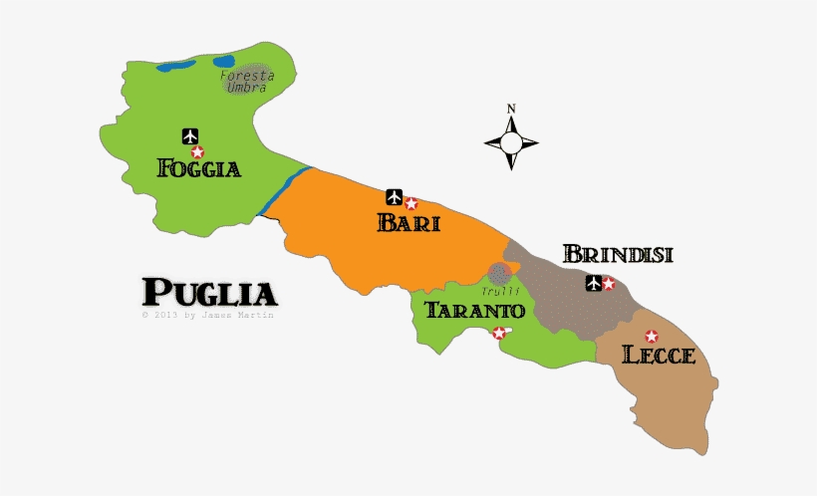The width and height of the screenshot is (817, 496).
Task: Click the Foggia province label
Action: pyautogui.click(x=199, y=168)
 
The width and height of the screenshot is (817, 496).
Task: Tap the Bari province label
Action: pyautogui.click(x=408, y=222)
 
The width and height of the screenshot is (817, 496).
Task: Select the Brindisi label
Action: pyautogui.click(x=618, y=254)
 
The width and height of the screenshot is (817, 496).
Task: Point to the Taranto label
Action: pyautogui.click(x=474, y=310)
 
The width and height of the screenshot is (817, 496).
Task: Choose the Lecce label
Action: pyautogui.click(x=658, y=355)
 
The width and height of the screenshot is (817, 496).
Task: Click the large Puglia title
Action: pyautogui.click(x=209, y=293)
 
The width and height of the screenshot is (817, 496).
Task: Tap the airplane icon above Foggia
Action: pyautogui.click(x=190, y=135)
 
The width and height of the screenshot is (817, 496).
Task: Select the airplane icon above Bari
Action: pyautogui.click(x=395, y=194)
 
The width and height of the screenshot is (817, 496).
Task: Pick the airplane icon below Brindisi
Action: pyautogui.click(x=594, y=283)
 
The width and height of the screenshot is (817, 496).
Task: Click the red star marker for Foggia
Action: pyautogui.click(x=197, y=152)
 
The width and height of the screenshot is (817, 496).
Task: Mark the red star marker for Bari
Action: pyautogui.click(x=410, y=204)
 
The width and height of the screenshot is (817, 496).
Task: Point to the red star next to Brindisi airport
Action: pyautogui.click(x=609, y=285)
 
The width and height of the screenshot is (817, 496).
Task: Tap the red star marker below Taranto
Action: pyautogui.click(x=499, y=333)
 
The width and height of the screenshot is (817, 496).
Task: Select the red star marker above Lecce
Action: pyautogui.click(x=652, y=337)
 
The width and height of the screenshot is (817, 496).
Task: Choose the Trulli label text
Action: pyautogui.click(x=501, y=291)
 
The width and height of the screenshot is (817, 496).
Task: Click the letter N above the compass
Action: pyautogui.click(x=511, y=109)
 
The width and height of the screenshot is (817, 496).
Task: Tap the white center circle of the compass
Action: pyautogui.click(x=511, y=143)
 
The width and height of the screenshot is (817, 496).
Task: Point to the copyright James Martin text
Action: pyautogui.click(x=207, y=315)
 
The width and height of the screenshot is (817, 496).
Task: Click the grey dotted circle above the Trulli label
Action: pyautogui.click(x=500, y=272)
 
